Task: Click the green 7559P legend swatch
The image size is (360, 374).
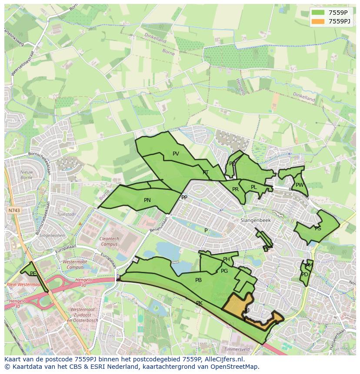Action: pos(318,13)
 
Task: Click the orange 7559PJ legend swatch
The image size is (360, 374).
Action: pos(318,21)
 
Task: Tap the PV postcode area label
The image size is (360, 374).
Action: pos(176,154)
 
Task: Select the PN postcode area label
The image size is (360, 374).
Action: pos(147,200)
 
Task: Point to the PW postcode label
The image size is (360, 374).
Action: pos(300,185)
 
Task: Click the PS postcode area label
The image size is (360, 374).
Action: pos(318,228)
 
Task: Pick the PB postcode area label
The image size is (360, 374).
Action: pos(198,280)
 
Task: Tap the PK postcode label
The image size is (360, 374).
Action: pos(199,303)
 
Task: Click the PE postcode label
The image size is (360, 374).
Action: pos(33,274)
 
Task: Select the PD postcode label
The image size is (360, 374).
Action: pos(304,275)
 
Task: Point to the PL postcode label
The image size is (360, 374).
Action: pos(253,187)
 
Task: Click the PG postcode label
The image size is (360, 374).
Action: pos(224,271)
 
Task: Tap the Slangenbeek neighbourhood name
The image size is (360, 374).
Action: pos(256,221)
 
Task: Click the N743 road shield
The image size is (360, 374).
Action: pos(14,210)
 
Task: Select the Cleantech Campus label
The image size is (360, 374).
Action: pos(109,242)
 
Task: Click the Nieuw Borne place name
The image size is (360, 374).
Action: pos(27,175)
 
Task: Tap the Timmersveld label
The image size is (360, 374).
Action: pos(237,349)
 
